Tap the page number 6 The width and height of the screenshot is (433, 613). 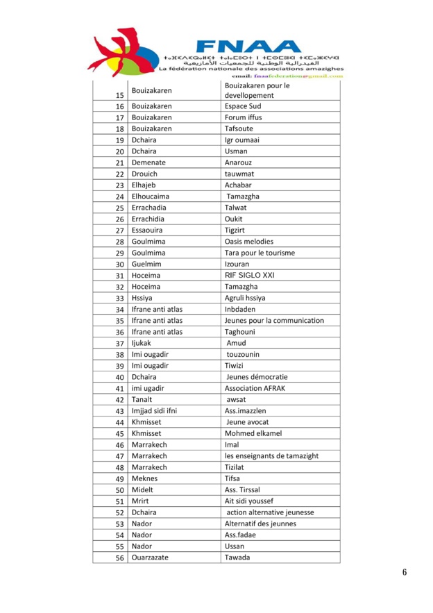point(404,572)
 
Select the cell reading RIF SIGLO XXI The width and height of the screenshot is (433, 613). point(249,275)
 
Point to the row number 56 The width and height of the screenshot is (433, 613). point(119,557)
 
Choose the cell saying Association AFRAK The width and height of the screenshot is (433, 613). point(255,388)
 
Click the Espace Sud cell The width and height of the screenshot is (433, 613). point(243,106)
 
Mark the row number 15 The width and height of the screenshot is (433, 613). point(119,94)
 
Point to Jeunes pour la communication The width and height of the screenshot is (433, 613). point(274,320)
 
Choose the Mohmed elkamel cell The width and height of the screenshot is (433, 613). point(253,433)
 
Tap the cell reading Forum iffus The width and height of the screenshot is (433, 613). point(243,117)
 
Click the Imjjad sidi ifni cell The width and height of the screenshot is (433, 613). point(154,410)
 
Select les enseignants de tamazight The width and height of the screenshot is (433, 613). point(271,455)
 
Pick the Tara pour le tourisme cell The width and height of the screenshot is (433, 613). point(260,253)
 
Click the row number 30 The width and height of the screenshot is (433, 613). point(119,264)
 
